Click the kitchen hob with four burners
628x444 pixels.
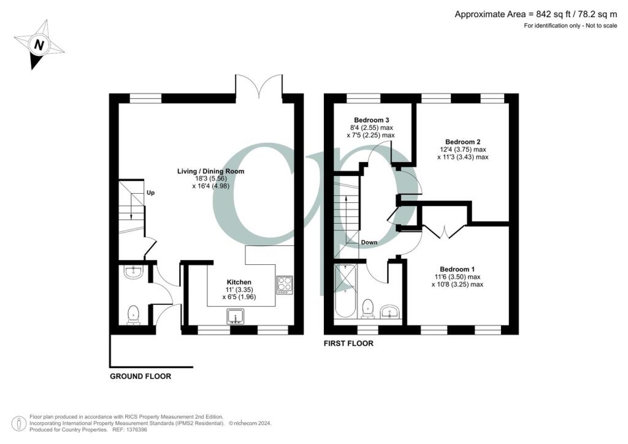(285, 283)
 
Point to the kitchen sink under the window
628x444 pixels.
(236, 316)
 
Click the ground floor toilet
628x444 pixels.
(133, 315)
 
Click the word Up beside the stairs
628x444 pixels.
(150, 193)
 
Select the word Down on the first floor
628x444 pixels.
(369, 242)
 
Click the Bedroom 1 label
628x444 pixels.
(457, 269)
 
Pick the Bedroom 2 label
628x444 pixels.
(462, 141)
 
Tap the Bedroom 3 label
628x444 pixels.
(372, 120)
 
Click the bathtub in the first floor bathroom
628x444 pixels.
(345, 291)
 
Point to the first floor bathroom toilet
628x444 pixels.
(368, 308)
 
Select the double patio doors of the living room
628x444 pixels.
(259, 86)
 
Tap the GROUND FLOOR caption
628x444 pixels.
(140, 376)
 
